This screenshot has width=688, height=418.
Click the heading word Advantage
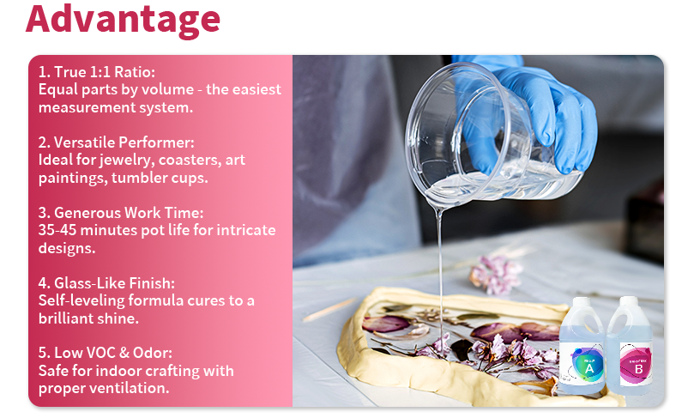(123, 19)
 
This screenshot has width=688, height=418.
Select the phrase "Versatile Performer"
(119, 142)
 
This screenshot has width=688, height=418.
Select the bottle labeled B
(631, 348)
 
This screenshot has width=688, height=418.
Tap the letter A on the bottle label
(589, 369)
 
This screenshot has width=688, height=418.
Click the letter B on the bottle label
(638, 369)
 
